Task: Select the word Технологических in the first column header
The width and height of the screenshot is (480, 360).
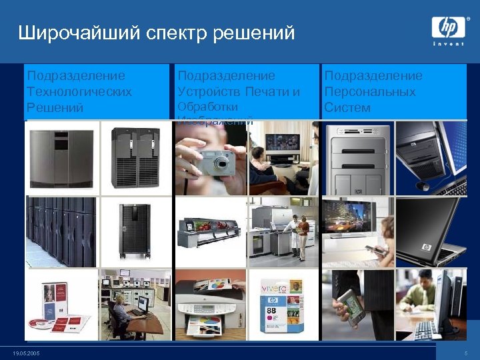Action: tap(79, 91)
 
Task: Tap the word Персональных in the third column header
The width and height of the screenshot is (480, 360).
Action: tap(370, 91)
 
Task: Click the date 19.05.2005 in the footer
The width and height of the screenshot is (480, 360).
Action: tap(27, 353)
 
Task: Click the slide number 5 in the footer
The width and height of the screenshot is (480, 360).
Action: tap(466, 353)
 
